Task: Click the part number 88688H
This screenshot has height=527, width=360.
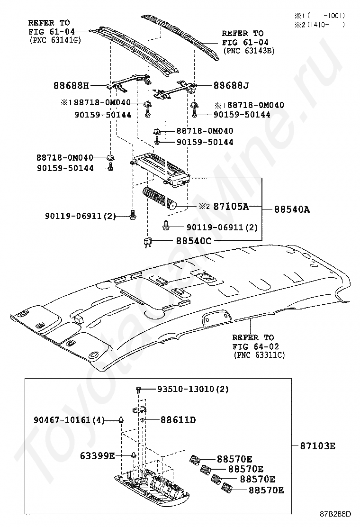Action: point(71,86)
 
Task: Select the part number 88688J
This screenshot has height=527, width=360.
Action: point(231,86)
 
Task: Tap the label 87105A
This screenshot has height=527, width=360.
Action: point(231,206)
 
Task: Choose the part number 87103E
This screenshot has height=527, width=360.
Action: point(317,445)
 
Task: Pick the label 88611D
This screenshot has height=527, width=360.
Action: point(178,420)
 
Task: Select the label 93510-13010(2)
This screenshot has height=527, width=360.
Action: point(193,389)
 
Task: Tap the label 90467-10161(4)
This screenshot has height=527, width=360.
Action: point(69,420)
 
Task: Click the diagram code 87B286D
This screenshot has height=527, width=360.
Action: point(335,514)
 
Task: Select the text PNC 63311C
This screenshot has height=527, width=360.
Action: point(259,354)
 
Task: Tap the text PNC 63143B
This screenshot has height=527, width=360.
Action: point(249,50)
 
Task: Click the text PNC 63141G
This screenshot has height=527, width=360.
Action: point(55,40)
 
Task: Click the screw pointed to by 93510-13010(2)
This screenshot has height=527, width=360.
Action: point(138,390)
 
